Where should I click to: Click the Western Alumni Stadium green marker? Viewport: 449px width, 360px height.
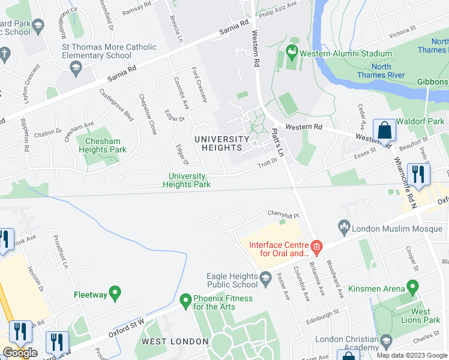point(292,53)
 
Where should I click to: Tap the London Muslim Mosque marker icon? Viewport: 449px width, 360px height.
point(344,227)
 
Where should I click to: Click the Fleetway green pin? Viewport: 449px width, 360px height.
point(115,294)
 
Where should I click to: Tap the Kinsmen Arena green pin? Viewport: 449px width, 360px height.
point(412,288)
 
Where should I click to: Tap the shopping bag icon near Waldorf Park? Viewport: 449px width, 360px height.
point(384,130)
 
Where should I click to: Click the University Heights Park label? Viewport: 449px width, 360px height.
point(187,181)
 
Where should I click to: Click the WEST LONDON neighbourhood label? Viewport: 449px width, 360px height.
point(175,341)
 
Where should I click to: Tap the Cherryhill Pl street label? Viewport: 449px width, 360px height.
point(283,214)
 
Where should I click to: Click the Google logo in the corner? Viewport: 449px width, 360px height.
point(20,353)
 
